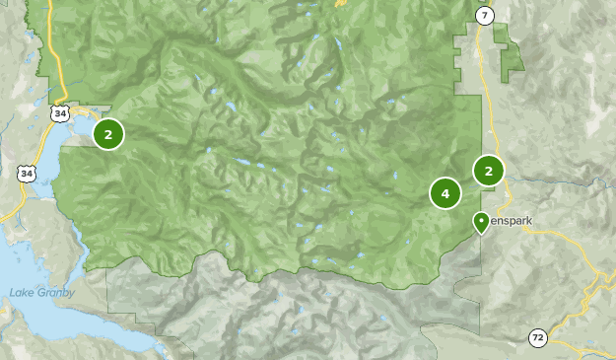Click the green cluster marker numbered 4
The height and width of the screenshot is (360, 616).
click(445, 193)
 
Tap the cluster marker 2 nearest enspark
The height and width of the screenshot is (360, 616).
click(488, 171)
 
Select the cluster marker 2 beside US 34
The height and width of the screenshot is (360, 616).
click(108, 133)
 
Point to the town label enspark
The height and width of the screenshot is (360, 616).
click(512, 221)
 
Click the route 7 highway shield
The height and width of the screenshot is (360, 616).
click(484, 14)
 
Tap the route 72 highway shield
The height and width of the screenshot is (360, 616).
click(537, 338)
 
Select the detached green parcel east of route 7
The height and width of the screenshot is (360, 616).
click(511, 54)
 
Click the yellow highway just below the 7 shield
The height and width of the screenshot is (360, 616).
click(482, 39)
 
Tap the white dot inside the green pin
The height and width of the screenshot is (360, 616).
click(481, 220)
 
